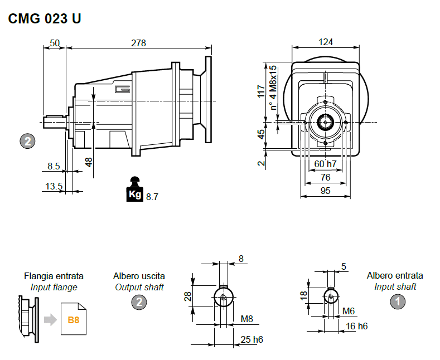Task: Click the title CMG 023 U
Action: [x=45, y=18]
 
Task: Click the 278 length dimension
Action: [x=138, y=43]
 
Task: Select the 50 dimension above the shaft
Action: [x=55, y=43]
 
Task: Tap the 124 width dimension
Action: [x=326, y=43]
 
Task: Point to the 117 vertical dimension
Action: [x=260, y=91]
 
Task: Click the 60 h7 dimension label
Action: [x=326, y=164]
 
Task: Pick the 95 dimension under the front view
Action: [x=326, y=191]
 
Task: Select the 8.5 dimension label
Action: [x=54, y=166]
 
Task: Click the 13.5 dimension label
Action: [x=54, y=186]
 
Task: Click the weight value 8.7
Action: [x=152, y=196]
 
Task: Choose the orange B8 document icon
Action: [x=74, y=319]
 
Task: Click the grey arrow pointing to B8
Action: [x=51, y=319]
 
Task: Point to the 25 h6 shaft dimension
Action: [x=252, y=339]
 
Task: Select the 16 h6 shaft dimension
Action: [x=357, y=326]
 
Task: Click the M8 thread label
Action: [x=246, y=319]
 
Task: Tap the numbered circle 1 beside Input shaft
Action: [x=397, y=302]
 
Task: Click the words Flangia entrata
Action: [x=54, y=276]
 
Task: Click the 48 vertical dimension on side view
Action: [x=88, y=162]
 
